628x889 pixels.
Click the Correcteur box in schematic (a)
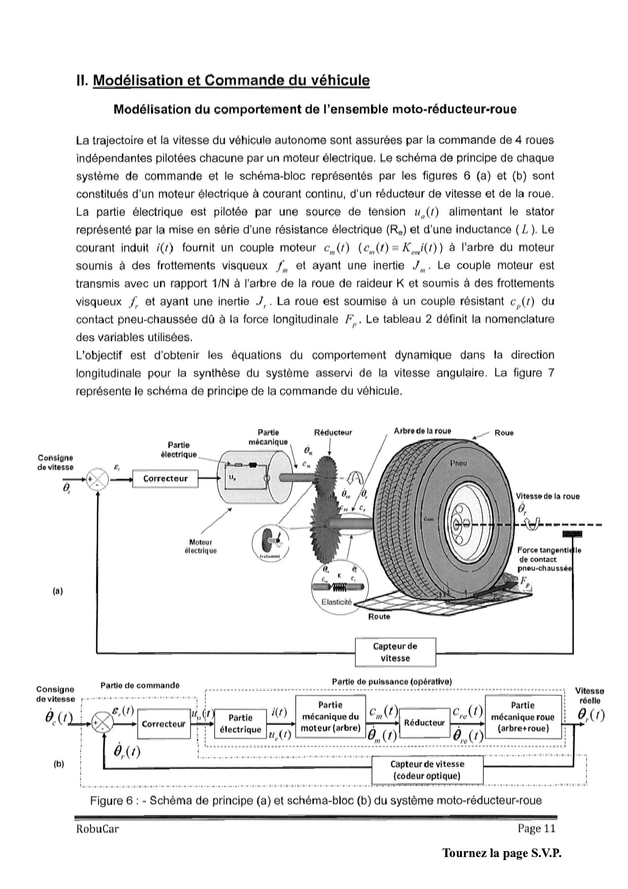(x=165, y=478)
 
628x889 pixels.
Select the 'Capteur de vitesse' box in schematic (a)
(x=395, y=652)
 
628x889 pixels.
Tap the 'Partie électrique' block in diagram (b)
(x=241, y=724)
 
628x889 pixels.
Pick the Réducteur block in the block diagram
(x=424, y=723)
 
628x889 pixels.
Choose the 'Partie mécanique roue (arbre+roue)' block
(x=523, y=717)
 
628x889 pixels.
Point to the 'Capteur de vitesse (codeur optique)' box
(x=427, y=770)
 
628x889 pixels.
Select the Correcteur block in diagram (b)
(x=164, y=724)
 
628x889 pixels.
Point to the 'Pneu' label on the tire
(x=458, y=463)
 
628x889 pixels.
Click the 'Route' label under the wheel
(x=379, y=617)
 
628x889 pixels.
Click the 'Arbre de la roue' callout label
(x=422, y=431)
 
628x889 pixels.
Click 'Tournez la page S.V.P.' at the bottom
(x=502, y=853)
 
